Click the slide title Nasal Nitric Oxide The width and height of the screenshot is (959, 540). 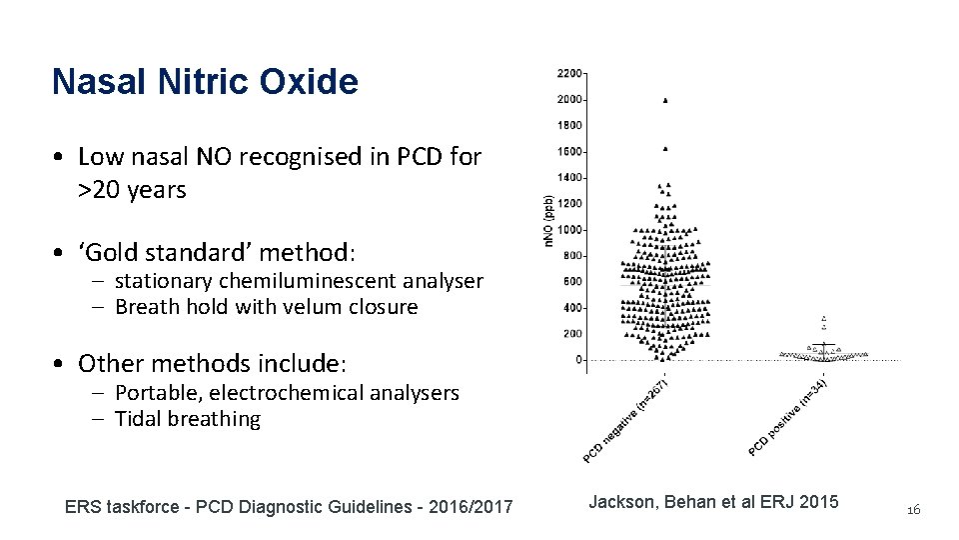click(x=205, y=82)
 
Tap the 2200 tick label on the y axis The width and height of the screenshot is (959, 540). click(x=570, y=74)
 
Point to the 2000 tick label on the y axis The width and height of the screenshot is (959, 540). click(x=570, y=100)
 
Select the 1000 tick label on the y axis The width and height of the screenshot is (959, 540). click(x=570, y=230)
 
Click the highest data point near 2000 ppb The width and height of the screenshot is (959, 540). click(x=665, y=100)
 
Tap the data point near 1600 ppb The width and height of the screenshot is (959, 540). click(x=665, y=148)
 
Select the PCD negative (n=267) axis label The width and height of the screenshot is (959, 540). click(x=625, y=420)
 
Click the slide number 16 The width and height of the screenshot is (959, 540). click(x=912, y=511)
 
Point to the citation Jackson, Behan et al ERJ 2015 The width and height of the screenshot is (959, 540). click(x=713, y=502)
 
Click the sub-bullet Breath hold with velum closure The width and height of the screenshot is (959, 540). click(x=266, y=307)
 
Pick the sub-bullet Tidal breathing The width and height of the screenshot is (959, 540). click(x=187, y=419)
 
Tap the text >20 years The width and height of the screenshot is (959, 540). click(x=132, y=190)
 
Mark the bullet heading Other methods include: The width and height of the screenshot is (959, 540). click(x=212, y=363)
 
